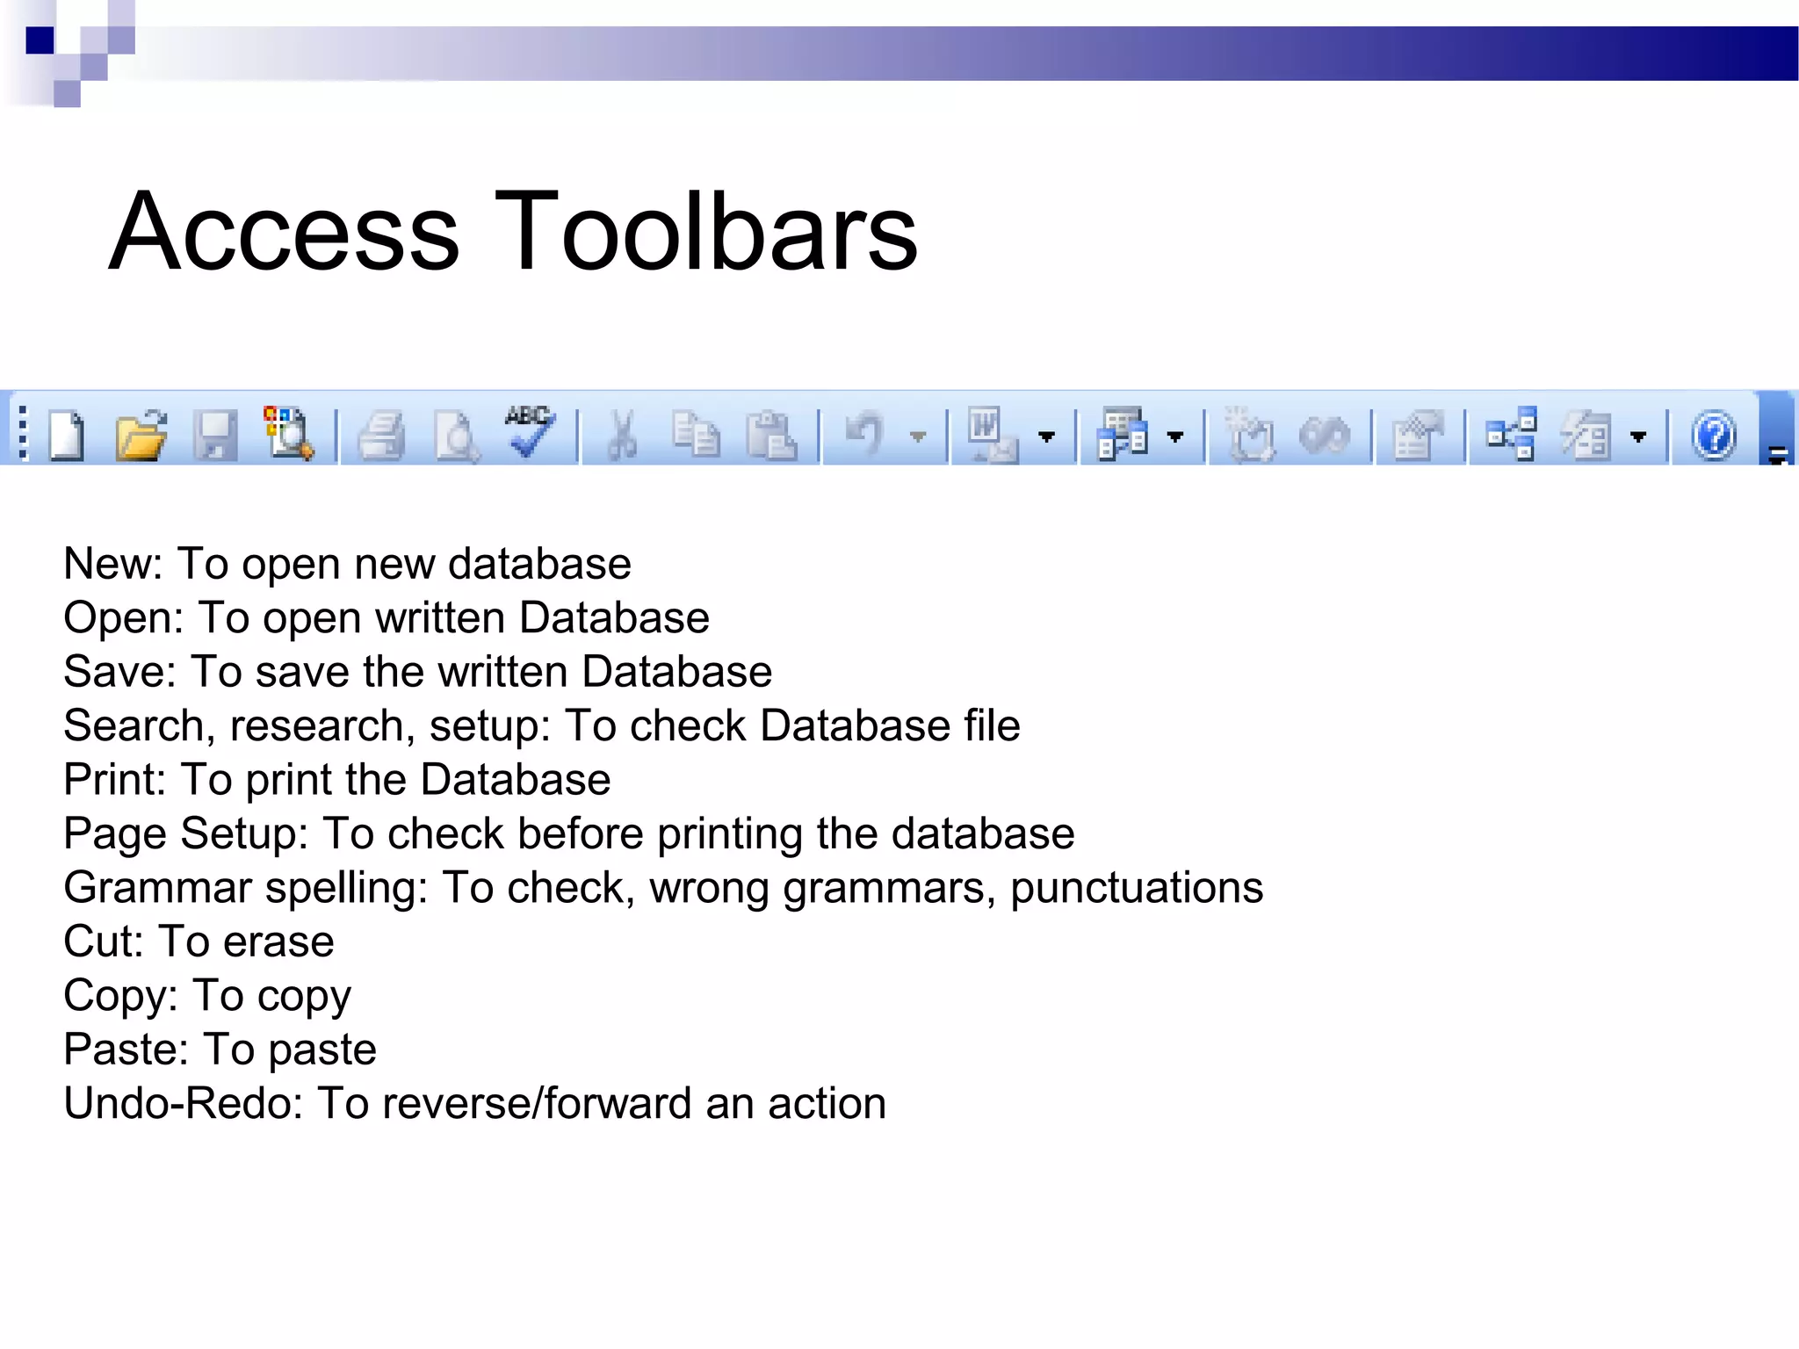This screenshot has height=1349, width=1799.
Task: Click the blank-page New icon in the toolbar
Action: point(67,435)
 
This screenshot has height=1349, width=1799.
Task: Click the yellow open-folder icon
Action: point(141,435)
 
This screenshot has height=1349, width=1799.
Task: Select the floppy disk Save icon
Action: point(215,435)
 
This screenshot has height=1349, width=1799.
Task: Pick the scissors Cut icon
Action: point(623,435)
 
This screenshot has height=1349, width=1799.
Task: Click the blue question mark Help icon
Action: point(1714,436)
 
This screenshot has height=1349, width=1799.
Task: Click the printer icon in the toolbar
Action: point(382,436)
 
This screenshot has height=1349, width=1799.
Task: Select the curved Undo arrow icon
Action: point(864,434)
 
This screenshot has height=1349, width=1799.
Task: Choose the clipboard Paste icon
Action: point(770,435)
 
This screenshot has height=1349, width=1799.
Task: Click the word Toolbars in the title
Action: point(706,232)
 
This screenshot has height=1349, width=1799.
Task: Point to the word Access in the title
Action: point(284,232)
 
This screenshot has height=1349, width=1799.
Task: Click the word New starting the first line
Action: point(112,564)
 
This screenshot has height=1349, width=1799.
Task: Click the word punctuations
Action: point(1136,888)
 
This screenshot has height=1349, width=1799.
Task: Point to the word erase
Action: point(278,942)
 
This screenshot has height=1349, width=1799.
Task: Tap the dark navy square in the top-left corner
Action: point(40,40)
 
